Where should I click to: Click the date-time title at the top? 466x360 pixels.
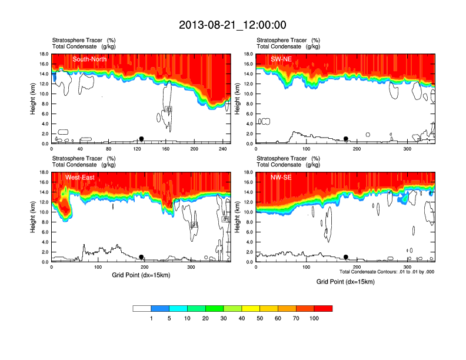(x=232, y=25)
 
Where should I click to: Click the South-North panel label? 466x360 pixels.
(x=89, y=59)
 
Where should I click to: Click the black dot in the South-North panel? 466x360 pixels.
(x=141, y=139)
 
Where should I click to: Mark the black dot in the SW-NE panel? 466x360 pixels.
(x=346, y=139)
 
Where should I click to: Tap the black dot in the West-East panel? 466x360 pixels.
(x=141, y=257)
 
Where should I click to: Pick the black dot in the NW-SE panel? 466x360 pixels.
(x=346, y=257)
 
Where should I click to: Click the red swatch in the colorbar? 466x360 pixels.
(x=323, y=308)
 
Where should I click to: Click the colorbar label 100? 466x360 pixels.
(x=314, y=318)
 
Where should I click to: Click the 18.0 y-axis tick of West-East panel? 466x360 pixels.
(x=44, y=172)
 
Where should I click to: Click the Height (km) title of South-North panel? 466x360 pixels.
(x=34, y=99)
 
